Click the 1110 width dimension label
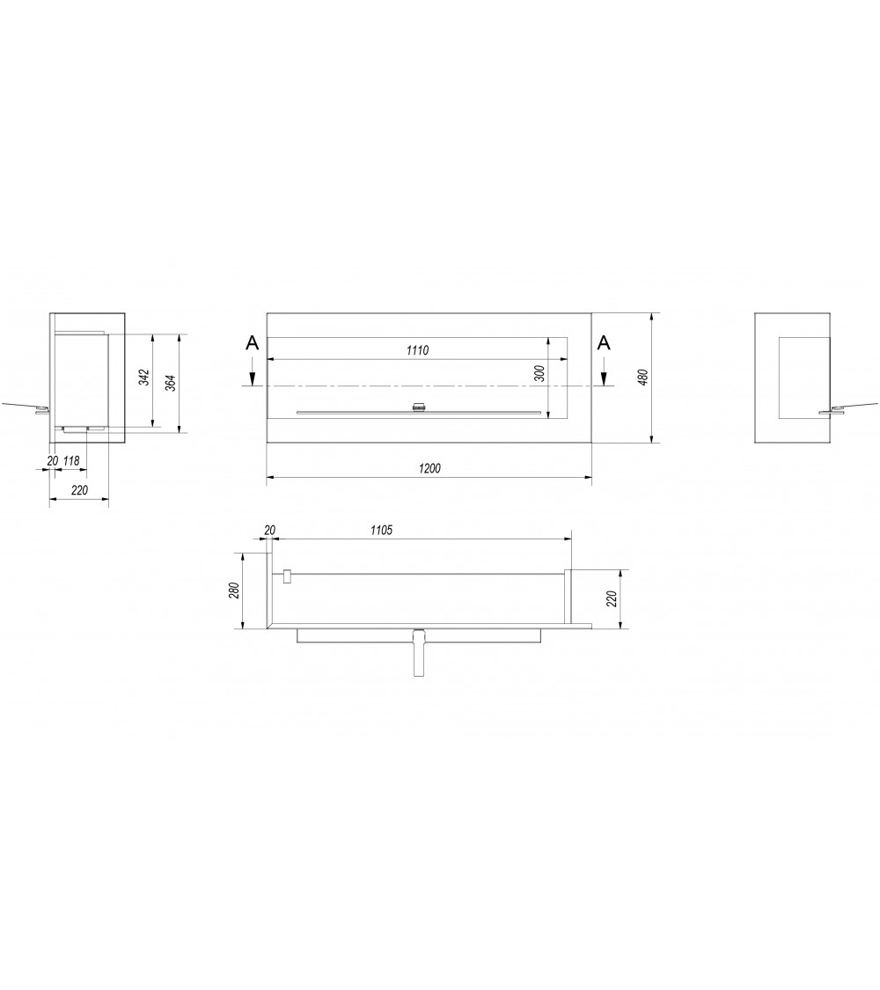[x=417, y=350]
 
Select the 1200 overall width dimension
[x=429, y=468]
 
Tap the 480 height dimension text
[x=642, y=376]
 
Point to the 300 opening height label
[x=539, y=372]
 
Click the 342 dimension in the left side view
[x=144, y=378]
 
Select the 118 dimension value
[x=72, y=460]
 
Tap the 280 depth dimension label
[x=234, y=590]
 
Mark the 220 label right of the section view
[x=612, y=599]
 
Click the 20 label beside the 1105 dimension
[x=270, y=530]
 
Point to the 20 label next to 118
[x=51, y=460]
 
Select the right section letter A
[x=604, y=343]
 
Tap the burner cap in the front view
[x=419, y=407]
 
